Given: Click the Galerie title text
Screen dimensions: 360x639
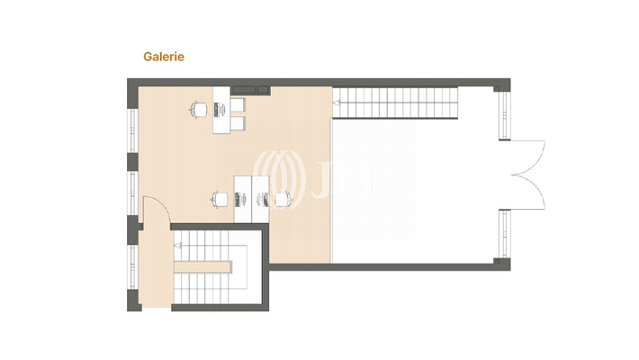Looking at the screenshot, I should tap(164, 56).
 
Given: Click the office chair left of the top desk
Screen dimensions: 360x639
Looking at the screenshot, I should tap(198, 109).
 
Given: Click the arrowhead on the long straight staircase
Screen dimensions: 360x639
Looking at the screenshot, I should tap(337, 104).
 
